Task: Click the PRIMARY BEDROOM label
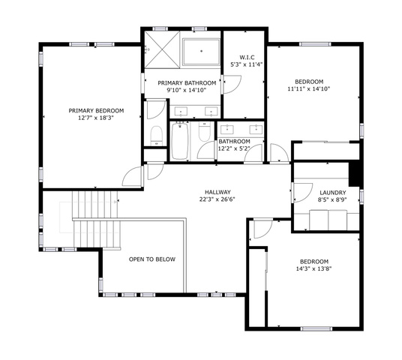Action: coord(96,111)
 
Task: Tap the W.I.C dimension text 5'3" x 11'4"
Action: coord(247,64)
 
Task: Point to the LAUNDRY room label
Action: coord(333,193)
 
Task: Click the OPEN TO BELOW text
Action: coord(152,259)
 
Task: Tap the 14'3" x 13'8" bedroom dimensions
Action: coord(314,268)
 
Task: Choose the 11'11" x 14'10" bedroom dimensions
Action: coord(309,89)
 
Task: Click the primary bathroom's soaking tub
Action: coord(201,52)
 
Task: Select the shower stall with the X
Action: coord(162,49)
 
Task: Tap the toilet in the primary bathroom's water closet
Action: coord(157,136)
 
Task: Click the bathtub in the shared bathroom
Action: coord(179,141)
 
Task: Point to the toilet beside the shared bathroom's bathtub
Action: coord(205,131)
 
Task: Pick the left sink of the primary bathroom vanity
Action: coord(181,112)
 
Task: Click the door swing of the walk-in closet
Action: coord(232,84)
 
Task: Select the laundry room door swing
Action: coord(302,193)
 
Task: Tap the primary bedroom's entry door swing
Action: coord(132,176)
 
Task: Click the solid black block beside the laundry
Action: coord(355,173)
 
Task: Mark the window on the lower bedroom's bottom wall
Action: coord(316,328)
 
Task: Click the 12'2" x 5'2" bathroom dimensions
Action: coord(234,148)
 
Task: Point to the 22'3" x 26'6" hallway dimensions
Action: coord(217,199)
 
